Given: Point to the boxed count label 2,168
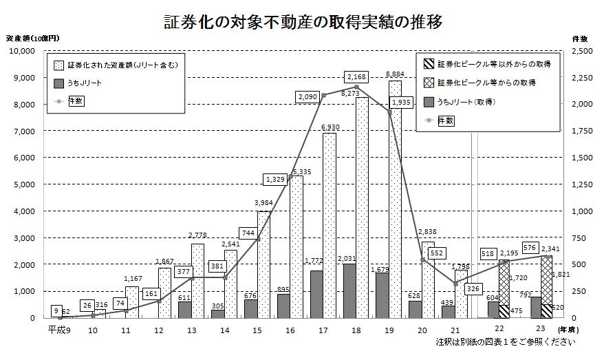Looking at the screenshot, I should click(358, 76).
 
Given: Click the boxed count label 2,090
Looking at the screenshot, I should click(307, 96).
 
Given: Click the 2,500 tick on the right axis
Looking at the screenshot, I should click(583, 51).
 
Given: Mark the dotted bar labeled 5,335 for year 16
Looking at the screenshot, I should click(296, 248).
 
